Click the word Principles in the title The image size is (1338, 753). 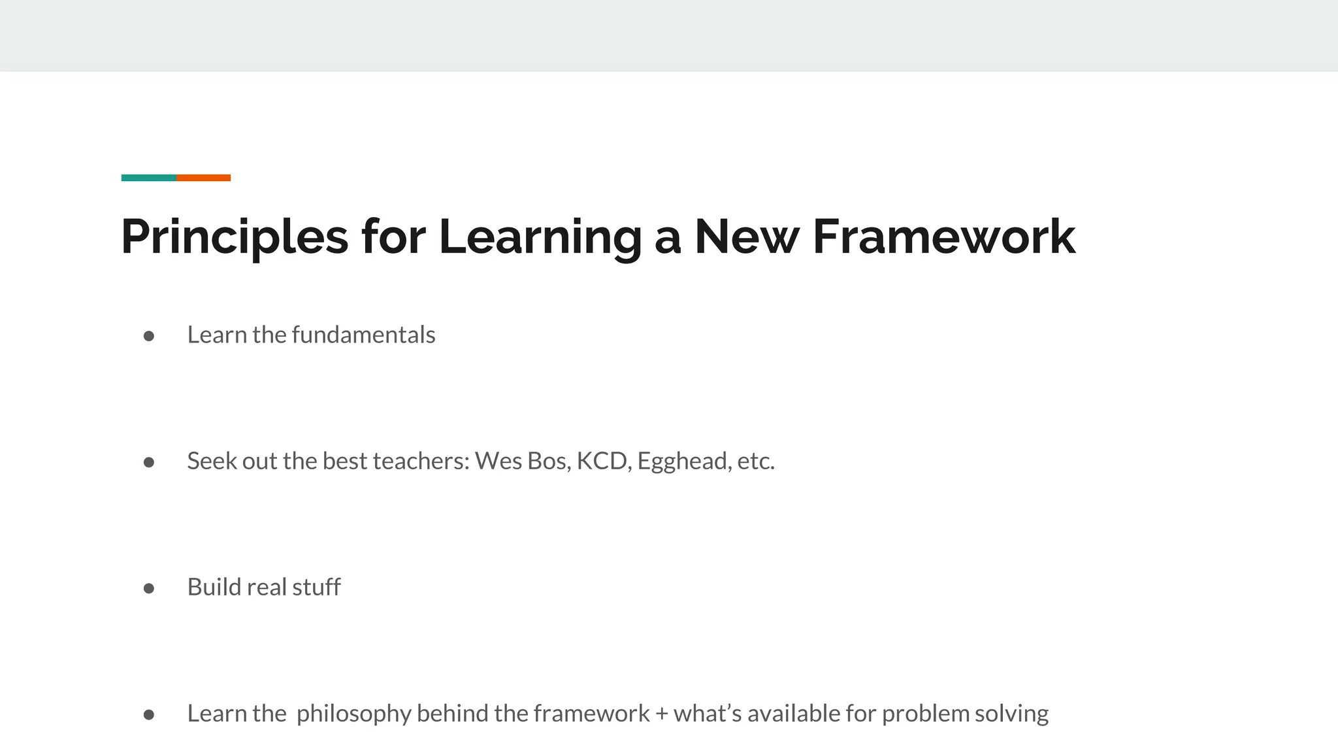point(235,237)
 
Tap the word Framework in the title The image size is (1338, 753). point(943,237)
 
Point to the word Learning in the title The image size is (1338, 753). point(540,237)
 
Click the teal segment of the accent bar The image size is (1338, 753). point(149,178)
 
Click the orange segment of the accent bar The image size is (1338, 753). point(203,178)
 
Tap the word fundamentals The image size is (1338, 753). point(363,335)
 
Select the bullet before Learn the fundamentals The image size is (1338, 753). point(149,336)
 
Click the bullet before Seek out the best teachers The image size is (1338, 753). point(149,462)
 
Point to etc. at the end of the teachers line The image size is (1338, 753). point(756,461)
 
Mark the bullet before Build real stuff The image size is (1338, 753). point(149,588)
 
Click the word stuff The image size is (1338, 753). point(316,587)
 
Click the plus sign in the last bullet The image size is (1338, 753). point(661,714)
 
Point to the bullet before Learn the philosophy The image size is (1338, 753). point(149,714)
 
